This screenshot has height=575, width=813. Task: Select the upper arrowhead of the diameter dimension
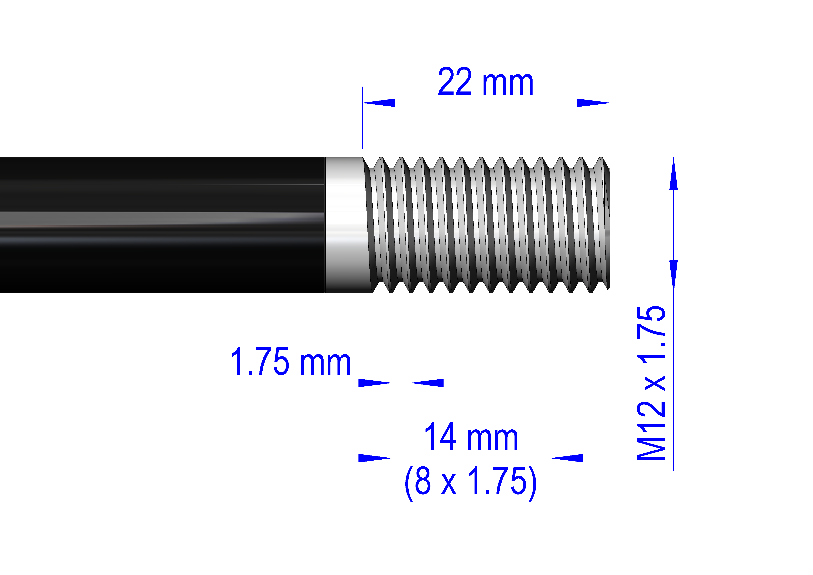pyautogui.click(x=673, y=174)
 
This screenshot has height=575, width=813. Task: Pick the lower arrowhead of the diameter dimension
pyautogui.click(x=673, y=276)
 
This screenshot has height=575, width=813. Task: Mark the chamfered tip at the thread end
pyautogui.click(x=606, y=225)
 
